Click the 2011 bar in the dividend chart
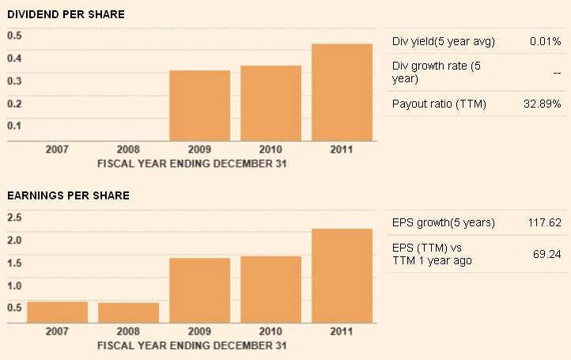click(x=342, y=93)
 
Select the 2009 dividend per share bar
click(x=199, y=106)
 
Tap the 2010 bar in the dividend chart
click(x=270, y=104)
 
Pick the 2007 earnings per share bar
click(x=57, y=313)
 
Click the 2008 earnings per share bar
click(x=128, y=313)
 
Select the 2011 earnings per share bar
click(x=342, y=276)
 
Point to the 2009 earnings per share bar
click(x=199, y=290)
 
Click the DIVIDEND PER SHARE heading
click(x=66, y=14)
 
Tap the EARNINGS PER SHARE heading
click(x=69, y=195)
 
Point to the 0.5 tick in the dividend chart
click(x=15, y=36)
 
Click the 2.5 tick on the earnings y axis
click(x=15, y=217)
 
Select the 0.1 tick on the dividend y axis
click(x=15, y=126)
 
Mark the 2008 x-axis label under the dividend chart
click(x=128, y=150)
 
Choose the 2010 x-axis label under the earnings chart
click(x=270, y=332)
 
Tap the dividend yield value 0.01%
click(x=545, y=41)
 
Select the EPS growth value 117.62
click(x=544, y=222)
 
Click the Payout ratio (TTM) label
click(x=439, y=104)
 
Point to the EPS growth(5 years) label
click(x=443, y=222)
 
